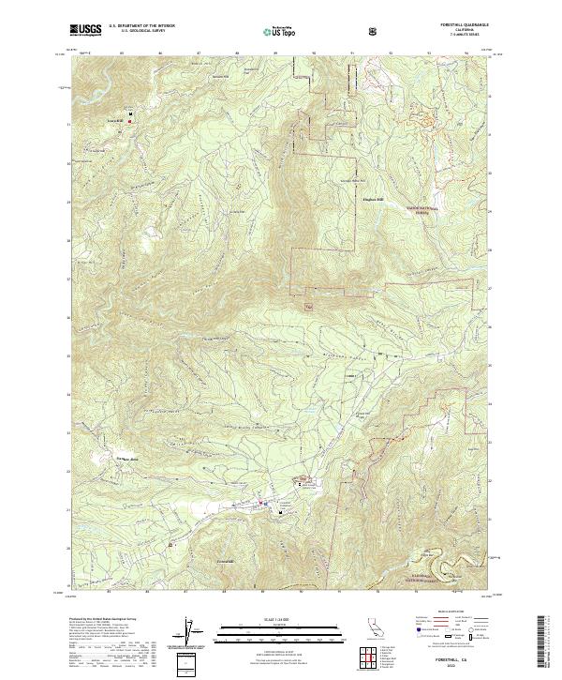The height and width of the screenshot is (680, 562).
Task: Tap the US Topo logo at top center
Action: (280, 30)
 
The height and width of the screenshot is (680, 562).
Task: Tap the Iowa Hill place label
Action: (114, 123)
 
